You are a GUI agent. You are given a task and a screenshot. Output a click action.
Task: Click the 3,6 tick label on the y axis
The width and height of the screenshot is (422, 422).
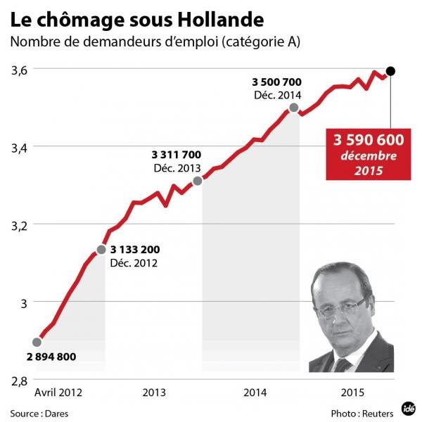point(20,70)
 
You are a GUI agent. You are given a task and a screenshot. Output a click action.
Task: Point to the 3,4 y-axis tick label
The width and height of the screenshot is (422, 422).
point(20,147)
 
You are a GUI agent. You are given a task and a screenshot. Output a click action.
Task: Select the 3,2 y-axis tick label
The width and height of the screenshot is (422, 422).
point(20,225)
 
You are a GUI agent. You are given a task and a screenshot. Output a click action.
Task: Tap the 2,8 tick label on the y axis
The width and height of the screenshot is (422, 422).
point(20,380)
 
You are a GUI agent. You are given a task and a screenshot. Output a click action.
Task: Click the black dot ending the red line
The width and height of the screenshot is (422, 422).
point(391,70)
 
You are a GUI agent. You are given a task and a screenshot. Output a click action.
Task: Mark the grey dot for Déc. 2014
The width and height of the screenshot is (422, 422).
point(293,108)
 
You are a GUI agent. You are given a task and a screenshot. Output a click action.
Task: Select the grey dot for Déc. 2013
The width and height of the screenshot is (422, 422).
point(198,181)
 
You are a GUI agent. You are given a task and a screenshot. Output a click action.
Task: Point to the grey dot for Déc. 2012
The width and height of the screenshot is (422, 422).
point(101,250)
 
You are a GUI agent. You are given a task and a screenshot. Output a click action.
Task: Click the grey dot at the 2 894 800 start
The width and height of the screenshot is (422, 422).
point(37,342)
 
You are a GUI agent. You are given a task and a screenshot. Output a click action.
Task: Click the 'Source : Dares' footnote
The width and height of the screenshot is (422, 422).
point(39,411)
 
